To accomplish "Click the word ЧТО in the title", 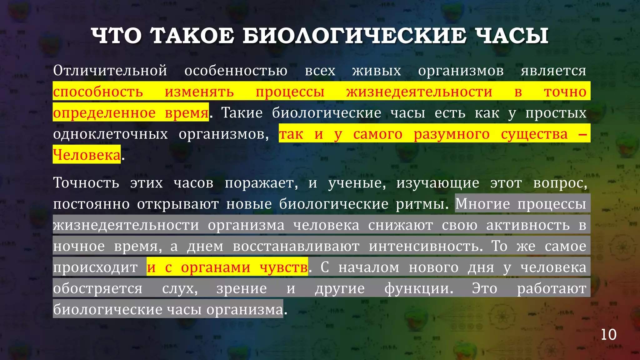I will click(x=116, y=36).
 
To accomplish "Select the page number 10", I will click(x=608, y=335).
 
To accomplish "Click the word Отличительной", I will click(x=110, y=71).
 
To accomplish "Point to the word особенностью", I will click(x=236, y=71).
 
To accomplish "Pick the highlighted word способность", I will click(x=98, y=92).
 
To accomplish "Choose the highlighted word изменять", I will click(x=199, y=92).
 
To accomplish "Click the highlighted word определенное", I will click(x=104, y=113).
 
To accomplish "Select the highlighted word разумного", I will click(x=452, y=134).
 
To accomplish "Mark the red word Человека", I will click(x=87, y=155).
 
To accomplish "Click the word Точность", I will click(x=86, y=183).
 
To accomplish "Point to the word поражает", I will click(x=261, y=183).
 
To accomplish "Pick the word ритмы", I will click(x=422, y=204).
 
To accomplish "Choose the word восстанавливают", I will click(x=296, y=246).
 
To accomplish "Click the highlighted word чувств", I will click(x=283, y=267).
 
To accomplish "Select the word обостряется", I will click(x=98, y=288).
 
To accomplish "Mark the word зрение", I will click(x=242, y=288).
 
